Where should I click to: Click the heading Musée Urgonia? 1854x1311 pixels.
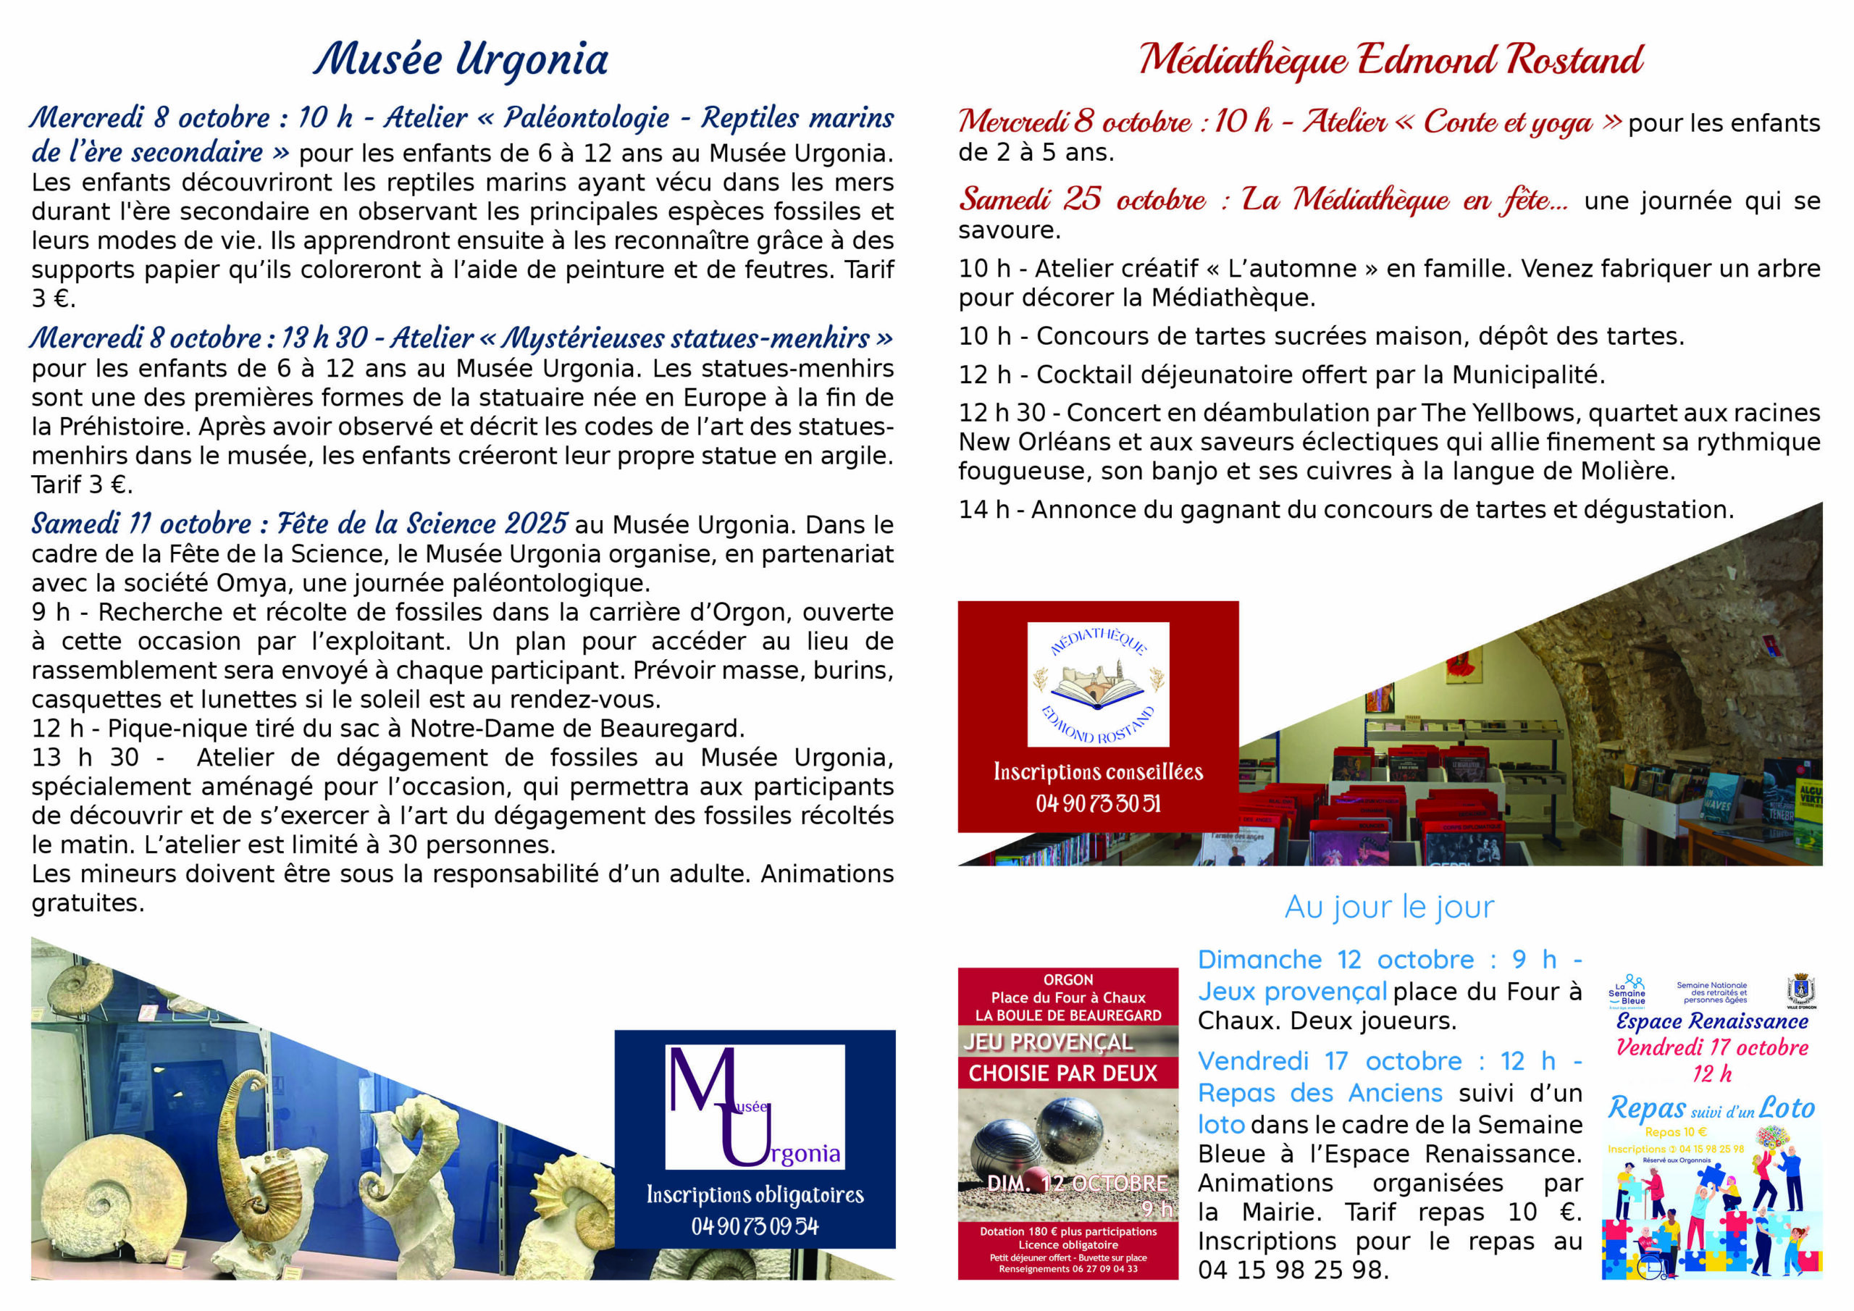tap(461, 60)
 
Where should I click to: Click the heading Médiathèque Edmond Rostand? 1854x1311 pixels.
tap(1390, 60)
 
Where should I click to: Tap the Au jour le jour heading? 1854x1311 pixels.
tap(1389, 906)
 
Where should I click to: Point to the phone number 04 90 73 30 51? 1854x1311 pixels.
tap(1098, 803)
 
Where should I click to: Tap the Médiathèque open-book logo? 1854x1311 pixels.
tap(1098, 683)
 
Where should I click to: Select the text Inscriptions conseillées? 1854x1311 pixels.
tap(1098, 771)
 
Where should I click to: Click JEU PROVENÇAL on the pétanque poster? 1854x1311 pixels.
tap(1048, 1042)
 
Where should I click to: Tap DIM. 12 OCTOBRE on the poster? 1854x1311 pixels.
tap(1077, 1184)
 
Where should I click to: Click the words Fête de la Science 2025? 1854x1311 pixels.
tap(422, 524)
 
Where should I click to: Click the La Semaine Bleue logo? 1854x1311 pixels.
tap(1627, 991)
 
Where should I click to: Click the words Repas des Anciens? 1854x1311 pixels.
tap(1320, 1093)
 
